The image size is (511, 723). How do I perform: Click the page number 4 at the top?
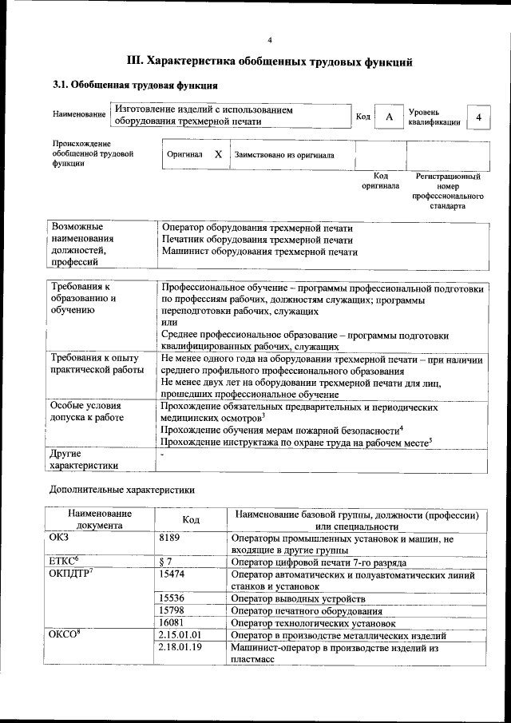point(270,40)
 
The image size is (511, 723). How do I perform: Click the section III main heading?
point(270,61)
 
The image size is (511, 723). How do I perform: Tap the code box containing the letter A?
point(389,117)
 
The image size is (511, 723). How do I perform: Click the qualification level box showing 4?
point(478,117)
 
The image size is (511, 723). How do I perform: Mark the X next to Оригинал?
point(218,154)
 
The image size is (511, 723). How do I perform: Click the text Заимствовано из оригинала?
point(284,155)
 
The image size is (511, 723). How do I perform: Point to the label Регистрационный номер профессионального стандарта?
point(448,190)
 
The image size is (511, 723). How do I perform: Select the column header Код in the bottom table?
point(191,519)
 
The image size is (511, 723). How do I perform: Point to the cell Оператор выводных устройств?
point(298,598)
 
